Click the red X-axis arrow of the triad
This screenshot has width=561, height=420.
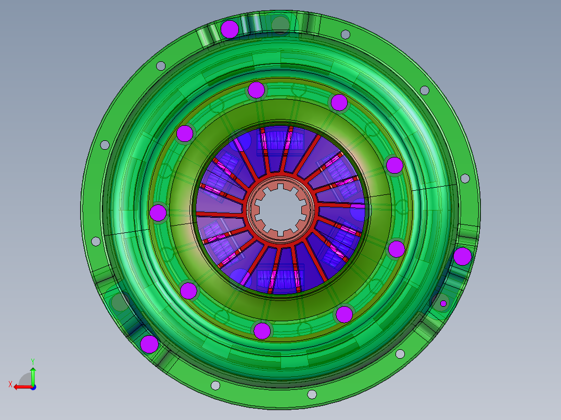pos(21,387)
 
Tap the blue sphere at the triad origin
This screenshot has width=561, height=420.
pos(33,387)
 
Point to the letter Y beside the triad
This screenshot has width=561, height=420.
pos(32,361)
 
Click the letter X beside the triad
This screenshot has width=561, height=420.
pos(10,384)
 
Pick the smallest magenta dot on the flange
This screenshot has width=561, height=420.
pos(443,303)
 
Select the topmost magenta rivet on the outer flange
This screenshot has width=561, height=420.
pos(229,29)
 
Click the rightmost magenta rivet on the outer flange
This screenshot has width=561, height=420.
pos(462,256)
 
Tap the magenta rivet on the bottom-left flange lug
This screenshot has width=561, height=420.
pos(149,344)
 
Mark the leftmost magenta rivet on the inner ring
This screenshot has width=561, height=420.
pos(158,213)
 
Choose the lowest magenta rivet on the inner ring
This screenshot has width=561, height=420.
pos(262,330)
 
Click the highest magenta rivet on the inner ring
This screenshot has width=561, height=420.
pos(256,90)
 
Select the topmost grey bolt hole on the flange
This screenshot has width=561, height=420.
pos(345,34)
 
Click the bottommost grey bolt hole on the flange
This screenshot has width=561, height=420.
pos(312,394)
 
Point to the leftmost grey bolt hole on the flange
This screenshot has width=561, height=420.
pos(96,241)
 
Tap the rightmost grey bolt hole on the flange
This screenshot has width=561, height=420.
pos(465,178)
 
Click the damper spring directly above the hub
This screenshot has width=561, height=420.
pos(281,142)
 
